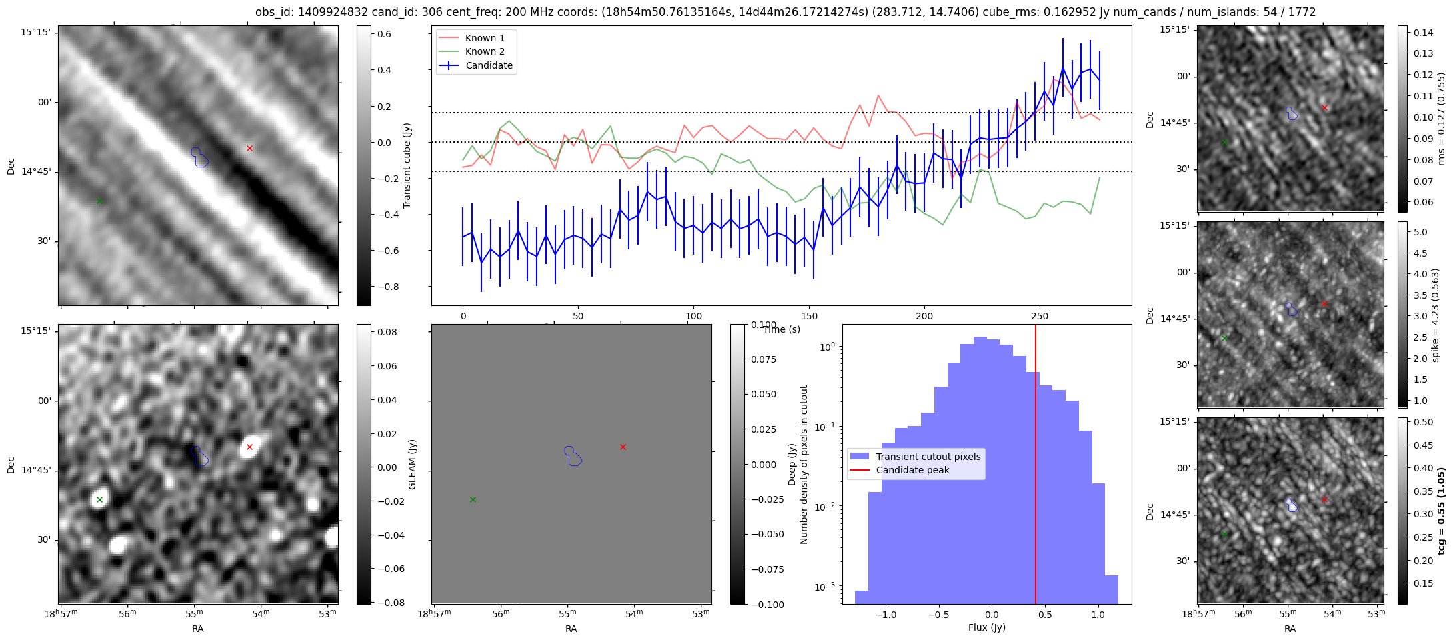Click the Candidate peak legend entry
pos(912,470)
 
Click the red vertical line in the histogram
pos(1036,467)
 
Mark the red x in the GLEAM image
pos(249,447)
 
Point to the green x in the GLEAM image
pos(99,499)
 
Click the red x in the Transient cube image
pos(249,148)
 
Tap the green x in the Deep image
pos(473,499)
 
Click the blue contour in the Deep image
pos(573,456)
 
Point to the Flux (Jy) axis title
pos(986,627)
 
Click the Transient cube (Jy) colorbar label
pos(407,165)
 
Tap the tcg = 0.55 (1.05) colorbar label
pos(1441,511)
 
